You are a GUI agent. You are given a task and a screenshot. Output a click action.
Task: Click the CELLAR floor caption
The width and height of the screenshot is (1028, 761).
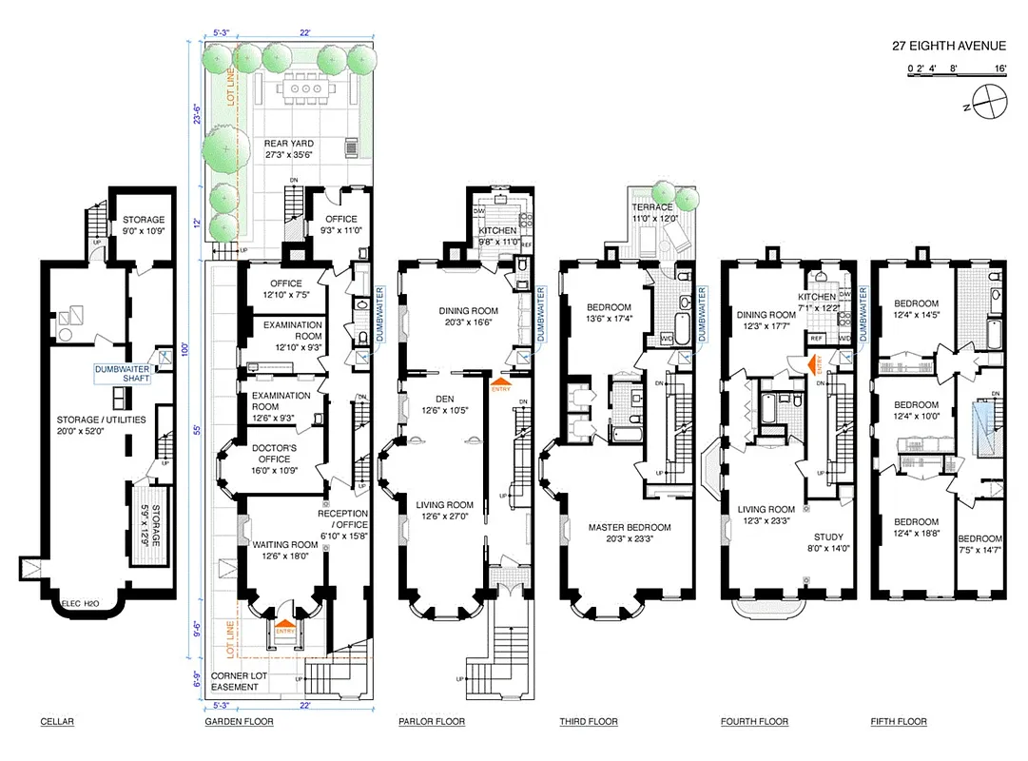tap(57, 722)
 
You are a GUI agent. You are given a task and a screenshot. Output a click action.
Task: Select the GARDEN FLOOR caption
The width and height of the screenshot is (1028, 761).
tap(239, 722)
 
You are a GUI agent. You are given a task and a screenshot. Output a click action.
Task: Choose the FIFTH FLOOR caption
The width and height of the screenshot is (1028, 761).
tap(898, 722)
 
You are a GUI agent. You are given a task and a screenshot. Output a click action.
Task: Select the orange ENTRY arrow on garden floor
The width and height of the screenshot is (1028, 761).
tap(283, 630)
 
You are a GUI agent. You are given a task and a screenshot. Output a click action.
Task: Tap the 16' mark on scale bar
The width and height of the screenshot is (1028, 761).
tap(999, 69)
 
